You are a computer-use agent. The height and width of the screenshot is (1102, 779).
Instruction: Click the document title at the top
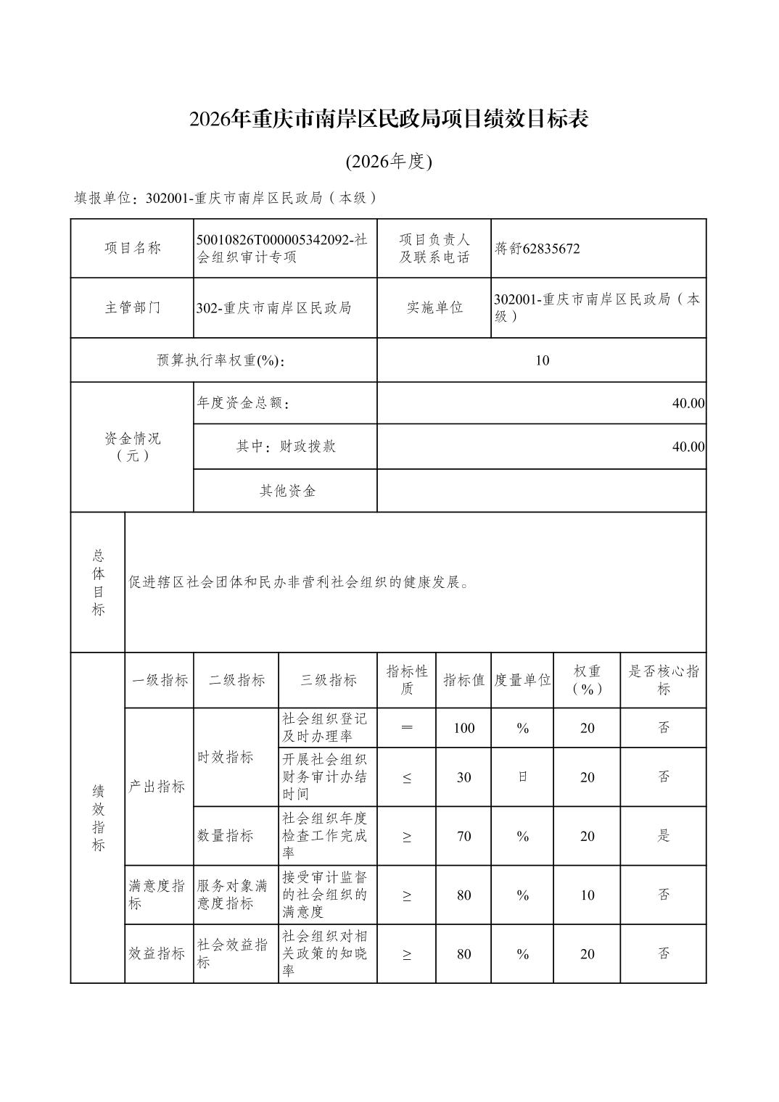389,119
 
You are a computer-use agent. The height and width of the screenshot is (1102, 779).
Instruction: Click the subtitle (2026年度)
389,162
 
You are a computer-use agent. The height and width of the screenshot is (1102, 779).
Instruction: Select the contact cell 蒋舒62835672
537,249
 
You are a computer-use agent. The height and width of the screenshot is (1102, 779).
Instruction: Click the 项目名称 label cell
132,248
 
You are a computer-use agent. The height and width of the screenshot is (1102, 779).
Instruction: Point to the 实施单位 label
434,307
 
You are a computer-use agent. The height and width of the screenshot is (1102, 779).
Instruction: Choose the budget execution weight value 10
542,360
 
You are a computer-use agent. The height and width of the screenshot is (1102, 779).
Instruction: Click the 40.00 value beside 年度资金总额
687,403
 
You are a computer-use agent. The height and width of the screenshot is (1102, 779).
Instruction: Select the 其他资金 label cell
287,491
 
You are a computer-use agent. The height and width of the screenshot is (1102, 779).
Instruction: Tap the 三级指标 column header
328,680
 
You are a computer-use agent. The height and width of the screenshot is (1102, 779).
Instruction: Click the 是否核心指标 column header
663,680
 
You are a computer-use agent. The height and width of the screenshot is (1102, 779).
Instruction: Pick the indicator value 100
463,728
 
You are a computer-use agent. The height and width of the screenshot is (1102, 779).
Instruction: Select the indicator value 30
463,777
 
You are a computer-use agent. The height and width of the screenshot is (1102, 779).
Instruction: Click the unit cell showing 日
522,777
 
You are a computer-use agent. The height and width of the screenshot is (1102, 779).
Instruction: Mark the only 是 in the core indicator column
663,836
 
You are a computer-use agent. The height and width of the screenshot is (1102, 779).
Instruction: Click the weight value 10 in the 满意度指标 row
587,895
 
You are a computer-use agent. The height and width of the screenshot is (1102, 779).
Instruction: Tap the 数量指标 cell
226,836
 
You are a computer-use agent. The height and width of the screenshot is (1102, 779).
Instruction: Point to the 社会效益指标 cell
233,953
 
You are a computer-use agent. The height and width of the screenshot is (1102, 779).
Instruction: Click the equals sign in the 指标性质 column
406,728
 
